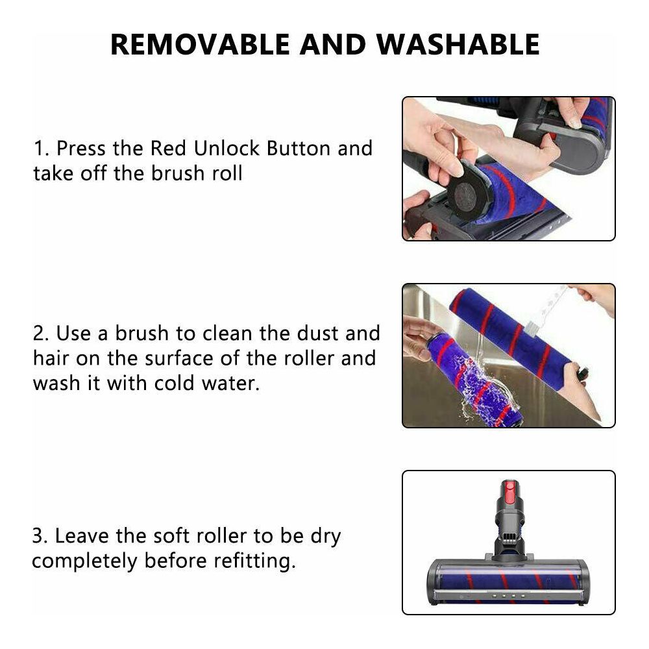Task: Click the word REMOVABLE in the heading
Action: click(200, 44)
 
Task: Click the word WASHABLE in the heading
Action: click(458, 44)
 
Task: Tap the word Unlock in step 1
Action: click(227, 148)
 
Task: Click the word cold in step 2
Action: click(174, 383)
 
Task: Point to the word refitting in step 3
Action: click(254, 561)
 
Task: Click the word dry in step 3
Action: click(326, 537)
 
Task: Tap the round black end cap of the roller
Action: click(469, 195)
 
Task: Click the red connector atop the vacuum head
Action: click(509, 492)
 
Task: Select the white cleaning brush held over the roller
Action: click(546, 310)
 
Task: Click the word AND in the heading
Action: click(333, 44)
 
